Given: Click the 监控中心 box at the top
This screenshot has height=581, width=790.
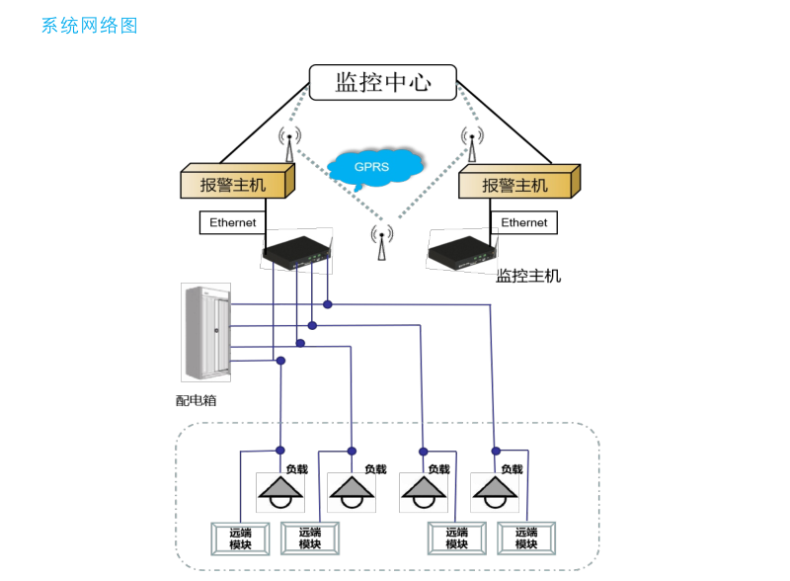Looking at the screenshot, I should [383, 82].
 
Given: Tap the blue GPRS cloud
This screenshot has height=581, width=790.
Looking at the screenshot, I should [376, 168].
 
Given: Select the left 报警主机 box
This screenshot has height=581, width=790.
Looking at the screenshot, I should [237, 184].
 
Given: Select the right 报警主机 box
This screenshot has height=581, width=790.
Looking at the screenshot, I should [518, 184].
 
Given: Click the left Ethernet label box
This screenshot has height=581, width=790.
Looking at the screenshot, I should [233, 222].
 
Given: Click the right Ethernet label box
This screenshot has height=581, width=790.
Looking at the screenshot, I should [523, 222].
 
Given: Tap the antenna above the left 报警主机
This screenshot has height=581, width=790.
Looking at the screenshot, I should [289, 144].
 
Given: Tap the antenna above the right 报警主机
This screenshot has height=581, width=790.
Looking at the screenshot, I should [471, 144].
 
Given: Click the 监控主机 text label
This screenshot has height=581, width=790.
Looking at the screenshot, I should [528, 276].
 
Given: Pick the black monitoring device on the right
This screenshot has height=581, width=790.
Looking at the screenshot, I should [461, 251].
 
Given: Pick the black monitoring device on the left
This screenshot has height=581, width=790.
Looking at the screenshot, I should [297, 251].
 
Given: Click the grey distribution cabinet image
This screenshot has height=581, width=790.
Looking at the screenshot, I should [205, 332].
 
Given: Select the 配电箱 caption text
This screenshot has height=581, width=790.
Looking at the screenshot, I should [197, 400].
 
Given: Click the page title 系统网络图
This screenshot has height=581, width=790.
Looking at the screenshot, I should [90, 26].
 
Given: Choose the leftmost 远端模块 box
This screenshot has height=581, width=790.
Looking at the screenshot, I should [240, 539].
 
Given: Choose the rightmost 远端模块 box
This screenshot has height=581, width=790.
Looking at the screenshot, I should [525, 539].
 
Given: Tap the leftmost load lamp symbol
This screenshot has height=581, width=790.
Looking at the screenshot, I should [281, 490].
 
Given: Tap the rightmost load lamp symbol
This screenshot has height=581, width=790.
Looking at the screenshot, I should [495, 490].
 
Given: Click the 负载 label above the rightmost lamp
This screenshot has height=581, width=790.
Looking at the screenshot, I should [512, 469].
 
